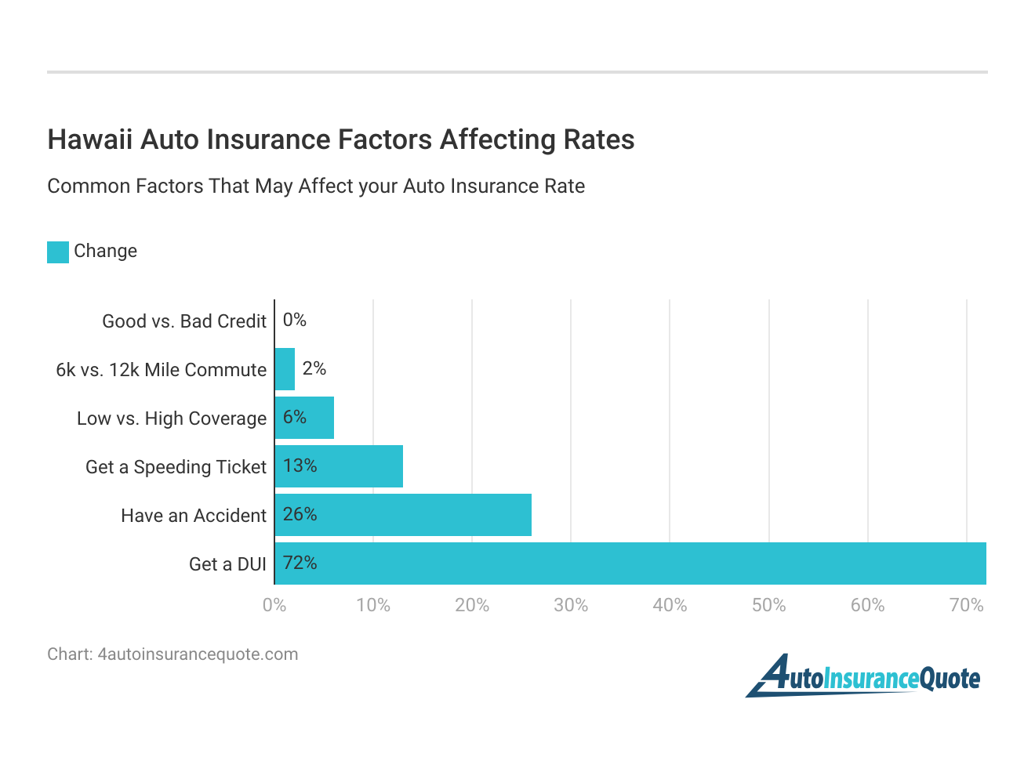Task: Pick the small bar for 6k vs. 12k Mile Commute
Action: tap(285, 369)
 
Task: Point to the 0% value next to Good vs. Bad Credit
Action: tap(295, 320)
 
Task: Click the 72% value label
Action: tap(300, 563)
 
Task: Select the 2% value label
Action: tap(314, 368)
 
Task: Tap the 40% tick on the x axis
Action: tap(670, 605)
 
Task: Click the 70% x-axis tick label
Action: tap(966, 605)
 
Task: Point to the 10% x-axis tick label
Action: tap(373, 605)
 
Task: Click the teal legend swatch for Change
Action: tap(58, 252)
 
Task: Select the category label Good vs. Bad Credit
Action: tap(184, 321)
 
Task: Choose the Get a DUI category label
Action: tap(227, 564)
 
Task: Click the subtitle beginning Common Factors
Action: tap(316, 187)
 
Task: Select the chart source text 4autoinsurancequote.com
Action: tap(198, 654)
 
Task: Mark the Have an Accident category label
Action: tap(194, 516)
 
